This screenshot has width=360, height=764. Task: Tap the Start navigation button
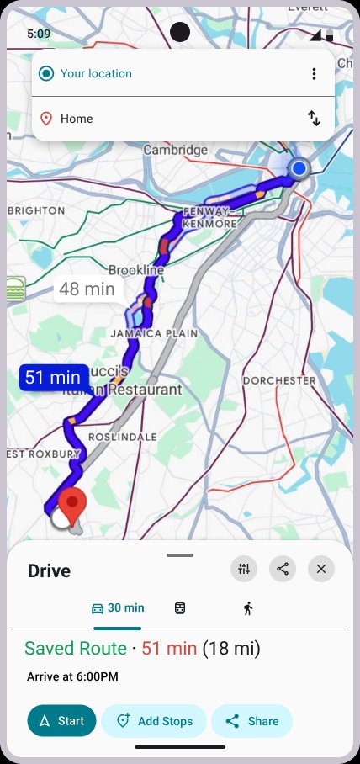(x=61, y=721)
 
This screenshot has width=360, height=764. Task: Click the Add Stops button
(x=154, y=721)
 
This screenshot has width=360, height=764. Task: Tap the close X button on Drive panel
(x=320, y=569)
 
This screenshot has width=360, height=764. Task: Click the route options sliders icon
(x=244, y=569)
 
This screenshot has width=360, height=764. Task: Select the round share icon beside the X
(x=283, y=569)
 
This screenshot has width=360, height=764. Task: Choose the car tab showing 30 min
(x=117, y=608)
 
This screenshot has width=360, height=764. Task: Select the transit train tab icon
(x=180, y=608)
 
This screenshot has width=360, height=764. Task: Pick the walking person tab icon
(x=247, y=608)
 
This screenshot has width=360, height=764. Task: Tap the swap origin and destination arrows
(x=314, y=119)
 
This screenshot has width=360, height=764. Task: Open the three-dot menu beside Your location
(x=314, y=74)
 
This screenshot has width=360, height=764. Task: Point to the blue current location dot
(x=299, y=169)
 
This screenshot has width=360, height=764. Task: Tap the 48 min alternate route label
(x=87, y=289)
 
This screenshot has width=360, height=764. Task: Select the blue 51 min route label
(x=53, y=377)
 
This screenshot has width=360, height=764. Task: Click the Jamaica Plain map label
(x=155, y=333)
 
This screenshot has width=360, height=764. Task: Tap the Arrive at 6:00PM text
(x=72, y=676)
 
